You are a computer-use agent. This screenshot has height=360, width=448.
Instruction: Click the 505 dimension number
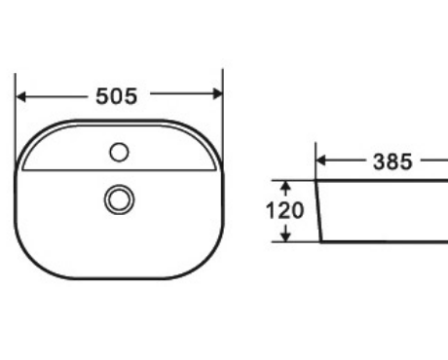(117, 96)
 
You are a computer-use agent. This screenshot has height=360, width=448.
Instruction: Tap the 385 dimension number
(392, 162)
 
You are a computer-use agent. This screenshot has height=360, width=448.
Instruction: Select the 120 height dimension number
(285, 210)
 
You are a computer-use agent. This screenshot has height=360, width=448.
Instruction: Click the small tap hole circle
(119, 152)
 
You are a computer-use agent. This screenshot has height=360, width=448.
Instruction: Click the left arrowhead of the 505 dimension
(20, 96)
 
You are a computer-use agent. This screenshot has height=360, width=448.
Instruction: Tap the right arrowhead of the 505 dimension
(217, 93)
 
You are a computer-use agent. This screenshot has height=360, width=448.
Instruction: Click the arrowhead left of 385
(320, 161)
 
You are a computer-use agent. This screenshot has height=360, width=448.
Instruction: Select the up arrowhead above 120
(285, 186)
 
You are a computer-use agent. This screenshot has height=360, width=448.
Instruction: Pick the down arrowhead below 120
(285, 236)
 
